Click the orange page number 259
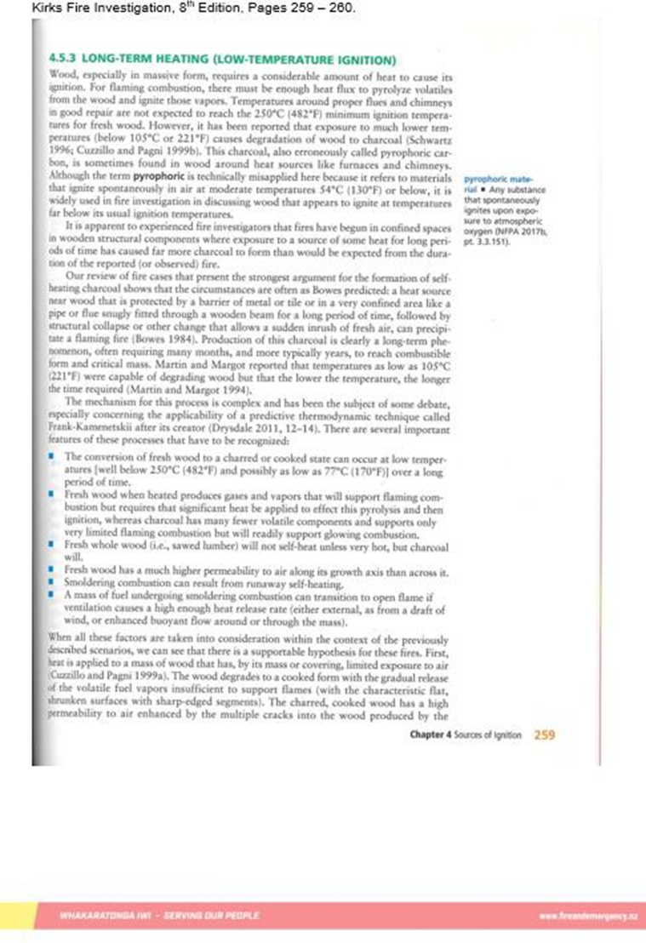point(544,736)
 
